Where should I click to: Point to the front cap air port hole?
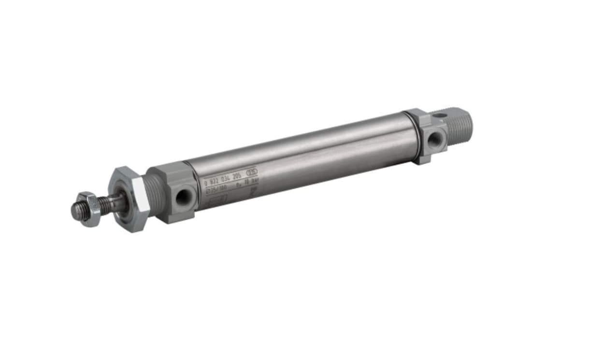coord(184,197)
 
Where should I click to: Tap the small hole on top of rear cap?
coord(439,116)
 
